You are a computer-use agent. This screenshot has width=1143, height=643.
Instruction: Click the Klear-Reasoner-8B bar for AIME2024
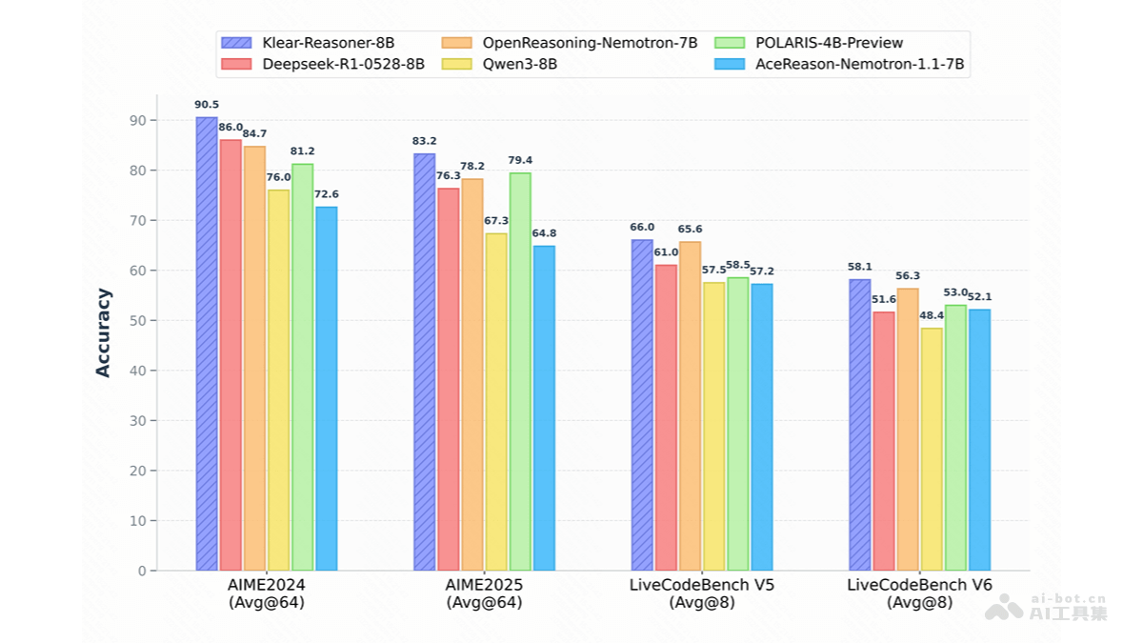(207, 343)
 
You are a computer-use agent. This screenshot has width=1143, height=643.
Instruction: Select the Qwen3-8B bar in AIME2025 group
(495, 401)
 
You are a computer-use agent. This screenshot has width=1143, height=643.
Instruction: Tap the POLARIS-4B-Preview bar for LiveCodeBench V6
(955, 437)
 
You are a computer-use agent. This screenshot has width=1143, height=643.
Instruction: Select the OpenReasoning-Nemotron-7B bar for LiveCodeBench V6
(908, 429)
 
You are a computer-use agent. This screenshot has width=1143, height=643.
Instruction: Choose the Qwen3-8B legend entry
(519, 65)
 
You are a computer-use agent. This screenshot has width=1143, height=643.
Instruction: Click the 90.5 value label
(207, 105)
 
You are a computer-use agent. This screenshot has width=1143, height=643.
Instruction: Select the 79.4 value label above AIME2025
(520, 160)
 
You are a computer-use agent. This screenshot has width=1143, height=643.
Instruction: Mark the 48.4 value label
(931, 315)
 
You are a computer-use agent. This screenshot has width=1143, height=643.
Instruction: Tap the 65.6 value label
(690, 230)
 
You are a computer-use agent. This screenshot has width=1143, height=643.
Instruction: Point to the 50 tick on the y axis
(138, 320)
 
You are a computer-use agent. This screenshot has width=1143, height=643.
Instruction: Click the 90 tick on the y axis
(138, 120)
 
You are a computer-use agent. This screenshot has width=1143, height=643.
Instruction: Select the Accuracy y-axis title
(103, 332)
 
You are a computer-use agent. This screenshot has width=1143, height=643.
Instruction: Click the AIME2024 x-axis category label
(267, 585)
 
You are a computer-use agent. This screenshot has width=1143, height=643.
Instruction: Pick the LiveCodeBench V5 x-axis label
(702, 585)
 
